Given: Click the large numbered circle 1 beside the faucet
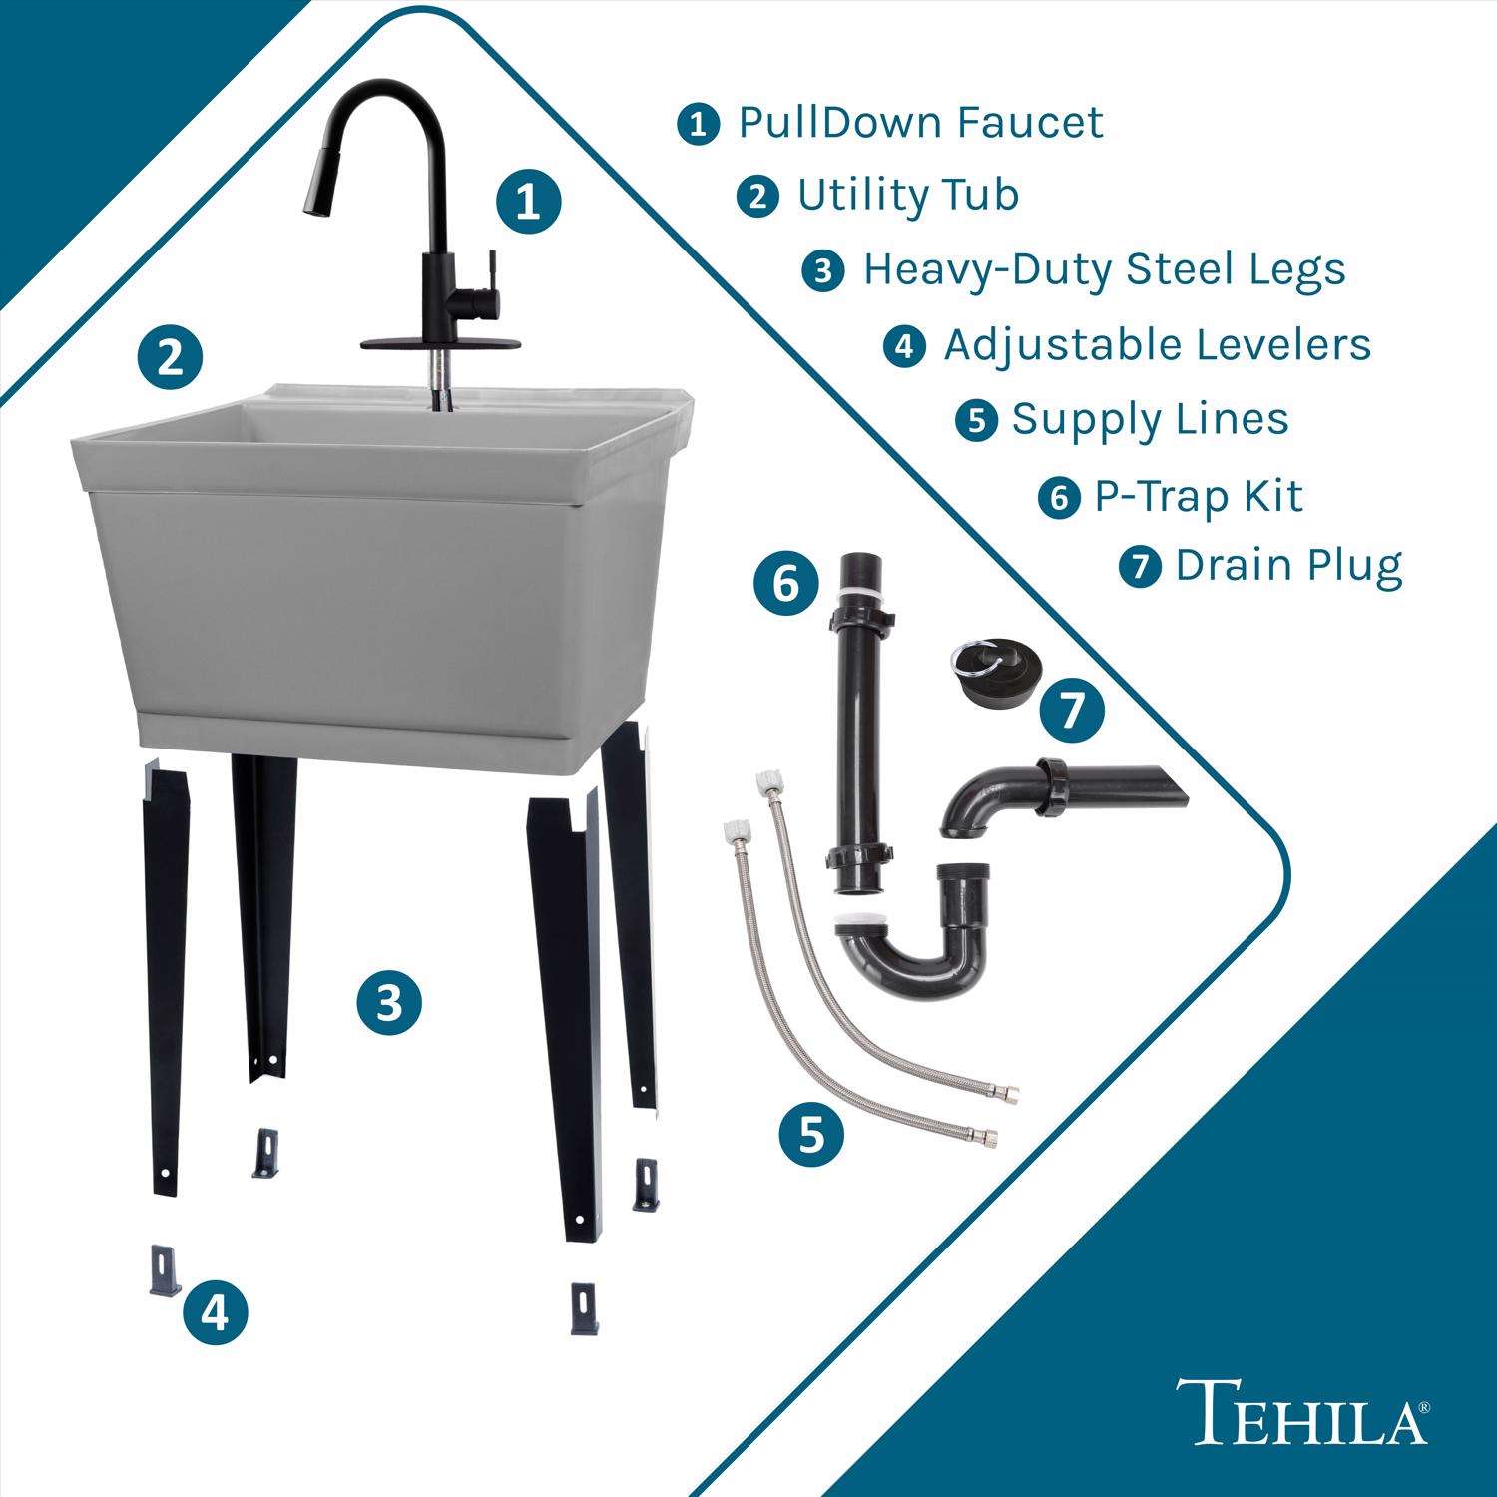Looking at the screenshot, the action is (x=528, y=203).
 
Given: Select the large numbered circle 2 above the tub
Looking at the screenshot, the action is (x=171, y=356).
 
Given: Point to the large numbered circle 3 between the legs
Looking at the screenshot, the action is (x=390, y=1002).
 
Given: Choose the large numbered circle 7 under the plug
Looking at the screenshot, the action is (x=1071, y=711).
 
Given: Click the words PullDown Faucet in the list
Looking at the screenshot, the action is (x=920, y=123).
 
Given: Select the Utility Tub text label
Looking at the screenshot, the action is (x=907, y=195).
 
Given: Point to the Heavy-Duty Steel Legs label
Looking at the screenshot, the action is (x=1104, y=269).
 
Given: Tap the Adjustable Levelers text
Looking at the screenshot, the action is (x=1157, y=345).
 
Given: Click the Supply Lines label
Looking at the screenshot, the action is (x=1150, y=420).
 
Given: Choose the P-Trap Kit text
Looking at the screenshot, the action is (x=1199, y=496).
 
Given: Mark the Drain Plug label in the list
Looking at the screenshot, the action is (x=1288, y=566).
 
